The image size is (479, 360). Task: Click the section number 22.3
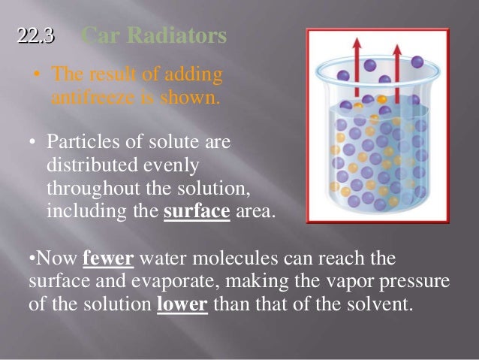36,35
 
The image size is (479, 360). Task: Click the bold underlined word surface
197,211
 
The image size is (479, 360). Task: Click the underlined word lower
182,307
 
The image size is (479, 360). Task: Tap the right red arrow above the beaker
396,68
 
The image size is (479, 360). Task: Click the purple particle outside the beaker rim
417,62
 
